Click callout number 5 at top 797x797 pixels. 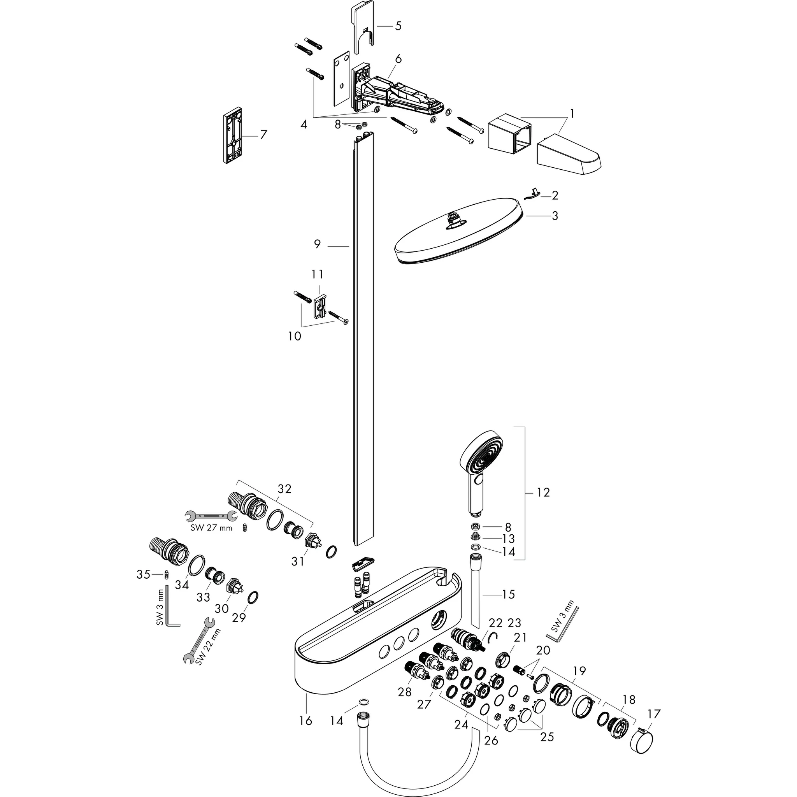(398, 26)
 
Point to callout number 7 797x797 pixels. (263, 135)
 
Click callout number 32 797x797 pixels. (284, 489)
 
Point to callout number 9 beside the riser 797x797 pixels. (317, 244)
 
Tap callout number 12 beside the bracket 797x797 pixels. (543, 493)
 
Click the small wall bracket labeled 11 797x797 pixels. (320, 307)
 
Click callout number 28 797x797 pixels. (405, 692)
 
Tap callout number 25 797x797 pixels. (547, 736)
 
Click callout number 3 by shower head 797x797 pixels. (555, 216)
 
